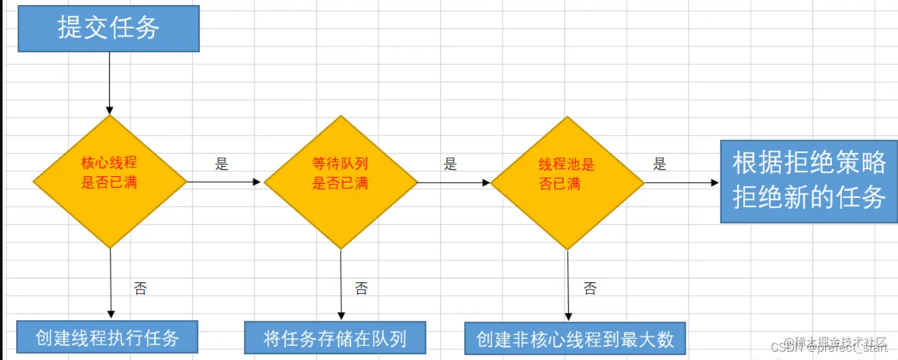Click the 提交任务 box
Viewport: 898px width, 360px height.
[x=108, y=29]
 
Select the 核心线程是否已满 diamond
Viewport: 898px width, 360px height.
[x=110, y=181]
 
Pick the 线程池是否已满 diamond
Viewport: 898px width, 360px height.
[x=568, y=183]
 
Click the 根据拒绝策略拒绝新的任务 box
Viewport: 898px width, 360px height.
[x=809, y=181]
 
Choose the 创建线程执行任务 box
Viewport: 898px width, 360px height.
[x=107, y=337]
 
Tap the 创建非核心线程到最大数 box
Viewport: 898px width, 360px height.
[x=575, y=339]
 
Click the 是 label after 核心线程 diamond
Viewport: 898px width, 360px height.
[x=222, y=164]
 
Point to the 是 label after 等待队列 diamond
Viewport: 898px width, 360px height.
[x=450, y=164]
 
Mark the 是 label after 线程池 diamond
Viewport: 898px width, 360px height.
[x=660, y=164]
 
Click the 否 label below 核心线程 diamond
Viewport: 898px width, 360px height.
[x=140, y=288]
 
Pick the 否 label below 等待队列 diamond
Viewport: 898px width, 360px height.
[x=361, y=289]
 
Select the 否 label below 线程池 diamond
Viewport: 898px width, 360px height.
[x=589, y=289]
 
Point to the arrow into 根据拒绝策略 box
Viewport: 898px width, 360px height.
[x=681, y=183]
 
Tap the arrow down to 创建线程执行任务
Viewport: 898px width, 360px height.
[x=111, y=283]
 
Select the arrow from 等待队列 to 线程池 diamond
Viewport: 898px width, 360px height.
[x=454, y=183]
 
